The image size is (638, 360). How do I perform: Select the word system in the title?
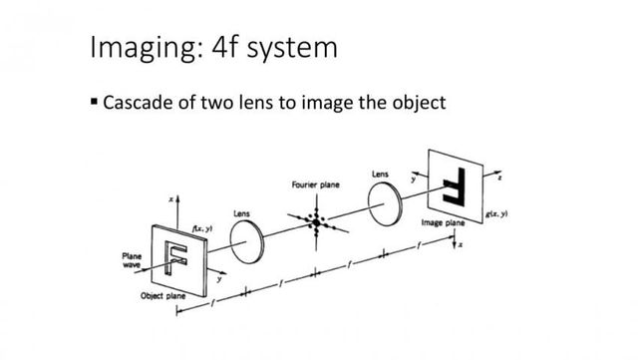(x=302, y=48)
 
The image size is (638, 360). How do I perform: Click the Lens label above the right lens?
(x=380, y=174)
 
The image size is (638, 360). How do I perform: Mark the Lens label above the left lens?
(x=242, y=212)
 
